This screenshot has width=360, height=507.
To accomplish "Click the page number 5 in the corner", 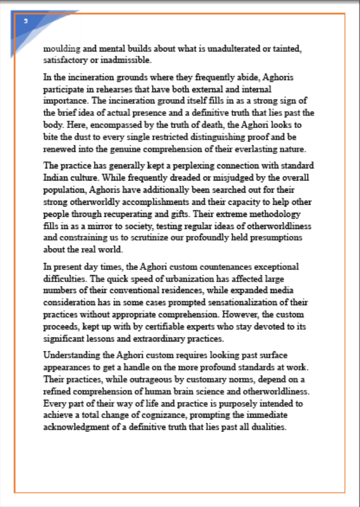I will click(x=25, y=21).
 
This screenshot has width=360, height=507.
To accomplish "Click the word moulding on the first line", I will click(x=60, y=48).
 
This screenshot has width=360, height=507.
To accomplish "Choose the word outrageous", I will click(x=148, y=380).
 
